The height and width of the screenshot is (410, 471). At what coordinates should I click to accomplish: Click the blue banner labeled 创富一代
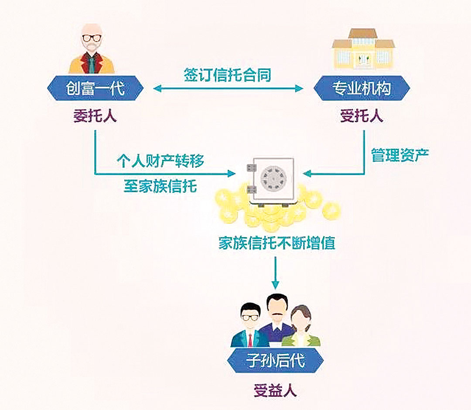pyautogui.click(x=95, y=88)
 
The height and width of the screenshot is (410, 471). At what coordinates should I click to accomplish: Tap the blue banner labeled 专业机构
pyautogui.click(x=362, y=88)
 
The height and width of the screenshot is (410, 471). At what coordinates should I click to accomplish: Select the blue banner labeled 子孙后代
pyautogui.click(x=275, y=360)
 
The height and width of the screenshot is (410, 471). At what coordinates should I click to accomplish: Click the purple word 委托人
pyautogui.click(x=95, y=116)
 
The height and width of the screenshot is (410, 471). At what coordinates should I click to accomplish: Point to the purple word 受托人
pyautogui.click(x=362, y=116)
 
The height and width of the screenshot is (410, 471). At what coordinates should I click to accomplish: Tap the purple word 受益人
pyautogui.click(x=275, y=390)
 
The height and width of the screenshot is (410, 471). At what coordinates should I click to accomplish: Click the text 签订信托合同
pyautogui.click(x=227, y=75)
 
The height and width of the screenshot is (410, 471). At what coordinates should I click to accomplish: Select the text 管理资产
pyautogui.click(x=400, y=155)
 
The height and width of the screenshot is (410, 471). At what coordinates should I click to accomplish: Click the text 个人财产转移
pyautogui.click(x=160, y=161)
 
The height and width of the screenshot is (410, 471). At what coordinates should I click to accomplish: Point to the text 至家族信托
pyautogui.click(x=160, y=186)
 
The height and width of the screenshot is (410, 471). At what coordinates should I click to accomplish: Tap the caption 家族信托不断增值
pyautogui.click(x=277, y=243)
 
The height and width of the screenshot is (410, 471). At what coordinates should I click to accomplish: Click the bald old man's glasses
pyautogui.click(x=92, y=38)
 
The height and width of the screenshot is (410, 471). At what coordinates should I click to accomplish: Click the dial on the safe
pyautogui.click(x=273, y=179)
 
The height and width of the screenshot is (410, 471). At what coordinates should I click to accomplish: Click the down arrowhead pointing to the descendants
pyautogui.click(x=276, y=284)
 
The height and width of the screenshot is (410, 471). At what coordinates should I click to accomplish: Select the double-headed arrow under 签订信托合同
pyautogui.click(x=228, y=88)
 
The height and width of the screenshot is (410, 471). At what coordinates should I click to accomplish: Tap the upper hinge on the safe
pyautogui.click(x=252, y=167)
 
